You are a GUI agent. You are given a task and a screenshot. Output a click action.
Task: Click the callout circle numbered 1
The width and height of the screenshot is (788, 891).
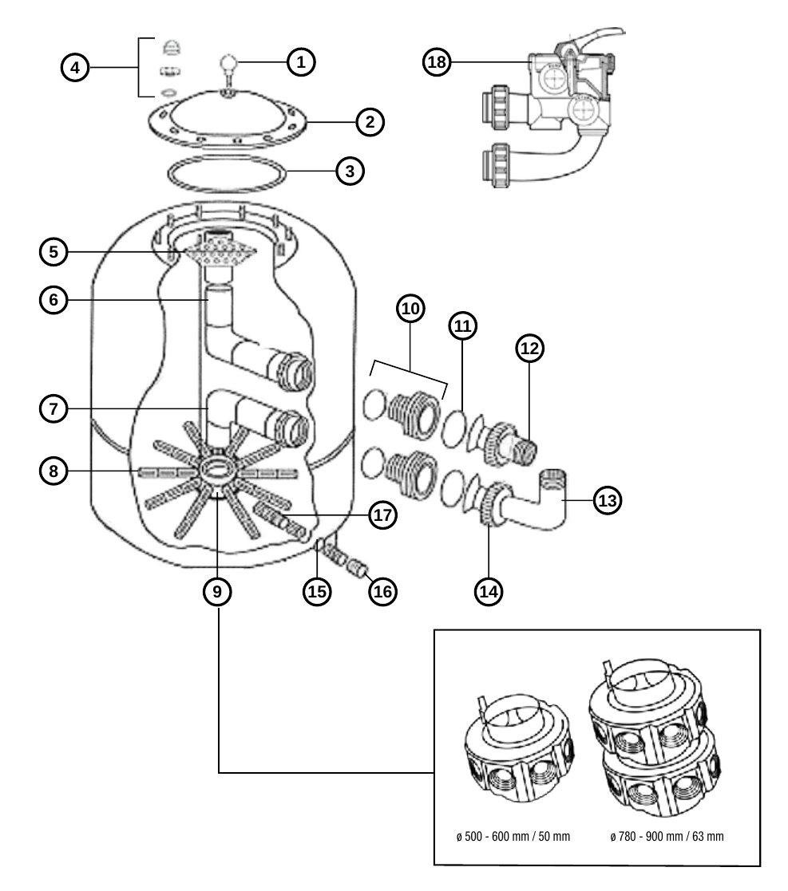301,62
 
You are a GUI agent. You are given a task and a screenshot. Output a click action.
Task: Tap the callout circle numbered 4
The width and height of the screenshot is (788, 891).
75,68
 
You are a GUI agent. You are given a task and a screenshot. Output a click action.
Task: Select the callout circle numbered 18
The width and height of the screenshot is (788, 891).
437,61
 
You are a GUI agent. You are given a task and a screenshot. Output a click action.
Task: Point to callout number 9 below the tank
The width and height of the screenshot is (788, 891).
217,592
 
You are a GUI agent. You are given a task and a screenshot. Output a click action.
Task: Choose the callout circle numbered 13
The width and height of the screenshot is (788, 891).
608,501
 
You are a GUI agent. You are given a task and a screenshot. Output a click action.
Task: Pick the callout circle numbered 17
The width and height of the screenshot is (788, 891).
382,514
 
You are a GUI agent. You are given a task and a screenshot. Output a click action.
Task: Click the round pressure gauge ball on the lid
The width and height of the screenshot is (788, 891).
228,61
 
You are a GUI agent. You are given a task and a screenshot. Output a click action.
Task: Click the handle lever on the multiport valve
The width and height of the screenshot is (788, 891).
592,37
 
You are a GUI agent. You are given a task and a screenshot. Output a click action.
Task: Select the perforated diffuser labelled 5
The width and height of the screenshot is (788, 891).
216,251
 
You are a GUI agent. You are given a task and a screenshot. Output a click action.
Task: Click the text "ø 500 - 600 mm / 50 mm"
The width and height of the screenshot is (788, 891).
513,837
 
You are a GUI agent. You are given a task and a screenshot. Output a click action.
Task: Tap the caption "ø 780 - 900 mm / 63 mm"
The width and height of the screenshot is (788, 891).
667,837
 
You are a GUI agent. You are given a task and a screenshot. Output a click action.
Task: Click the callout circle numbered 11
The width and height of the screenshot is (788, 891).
463,325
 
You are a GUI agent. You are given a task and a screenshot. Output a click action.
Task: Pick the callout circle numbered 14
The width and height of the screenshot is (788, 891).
489,592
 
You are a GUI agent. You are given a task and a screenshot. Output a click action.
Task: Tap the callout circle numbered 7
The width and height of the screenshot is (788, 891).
53,408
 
